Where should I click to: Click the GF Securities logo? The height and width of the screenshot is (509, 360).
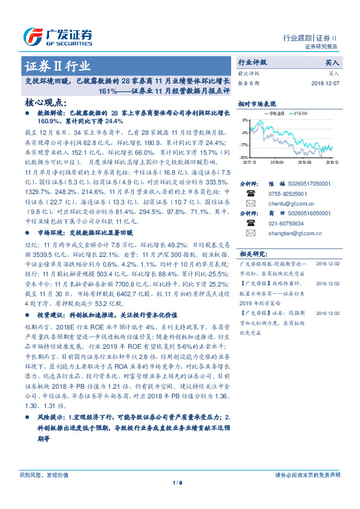point(57,37)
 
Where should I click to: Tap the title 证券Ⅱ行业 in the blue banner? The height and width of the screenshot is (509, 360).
point(58,66)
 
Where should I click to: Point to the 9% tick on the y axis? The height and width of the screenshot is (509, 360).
point(244,120)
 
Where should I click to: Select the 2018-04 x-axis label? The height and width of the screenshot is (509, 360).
point(276,162)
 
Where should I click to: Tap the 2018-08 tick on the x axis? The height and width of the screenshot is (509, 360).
point(304,162)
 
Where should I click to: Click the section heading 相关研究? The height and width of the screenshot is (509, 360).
point(252,253)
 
